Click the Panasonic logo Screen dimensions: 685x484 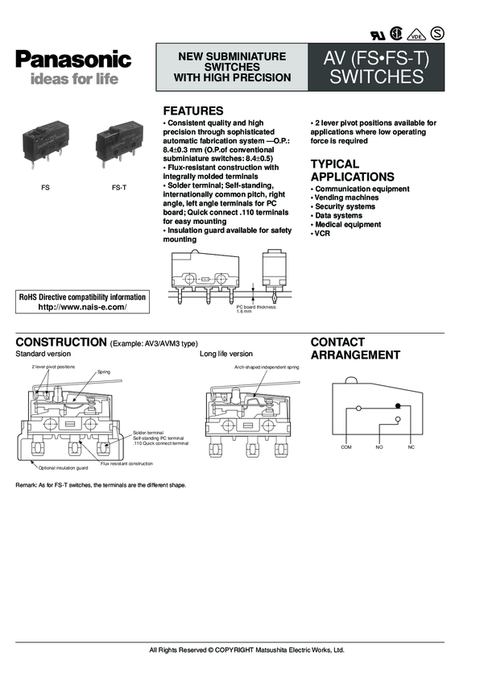72,59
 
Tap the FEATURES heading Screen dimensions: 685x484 193,110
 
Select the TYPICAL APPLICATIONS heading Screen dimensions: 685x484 353,170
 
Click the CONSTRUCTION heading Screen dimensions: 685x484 61,342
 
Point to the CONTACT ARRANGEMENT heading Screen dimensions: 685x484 355,348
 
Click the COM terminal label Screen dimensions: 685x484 346,446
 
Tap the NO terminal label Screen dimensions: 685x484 379,446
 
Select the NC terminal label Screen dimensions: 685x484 411,446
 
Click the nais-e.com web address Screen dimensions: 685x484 82,307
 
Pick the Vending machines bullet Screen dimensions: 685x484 346,197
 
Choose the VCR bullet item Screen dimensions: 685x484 322,233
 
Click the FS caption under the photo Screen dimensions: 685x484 46,187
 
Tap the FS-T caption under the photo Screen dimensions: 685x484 118,187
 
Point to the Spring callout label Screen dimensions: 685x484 103,372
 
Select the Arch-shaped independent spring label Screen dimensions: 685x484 267,367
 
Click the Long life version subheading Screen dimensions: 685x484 225,354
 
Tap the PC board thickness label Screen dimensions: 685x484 255,309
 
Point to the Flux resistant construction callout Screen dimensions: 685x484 126,464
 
